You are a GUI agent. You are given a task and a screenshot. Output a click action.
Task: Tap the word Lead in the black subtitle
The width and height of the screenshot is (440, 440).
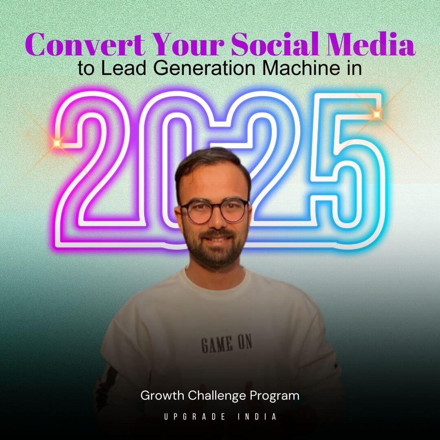point(123,68)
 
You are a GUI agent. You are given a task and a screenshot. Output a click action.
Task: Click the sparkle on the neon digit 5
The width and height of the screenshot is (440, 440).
point(376,114)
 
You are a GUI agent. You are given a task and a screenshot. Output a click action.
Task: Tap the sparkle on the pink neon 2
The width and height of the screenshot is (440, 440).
point(57,143)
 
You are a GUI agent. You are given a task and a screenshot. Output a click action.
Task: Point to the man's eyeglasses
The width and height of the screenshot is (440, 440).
point(214,210)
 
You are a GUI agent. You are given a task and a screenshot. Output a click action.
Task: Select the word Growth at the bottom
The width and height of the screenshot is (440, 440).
point(163,396)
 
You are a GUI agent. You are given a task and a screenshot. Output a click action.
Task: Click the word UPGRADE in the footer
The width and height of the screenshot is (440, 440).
point(194,417)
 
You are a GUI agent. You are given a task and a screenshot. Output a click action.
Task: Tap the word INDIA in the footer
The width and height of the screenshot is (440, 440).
point(257,417)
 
